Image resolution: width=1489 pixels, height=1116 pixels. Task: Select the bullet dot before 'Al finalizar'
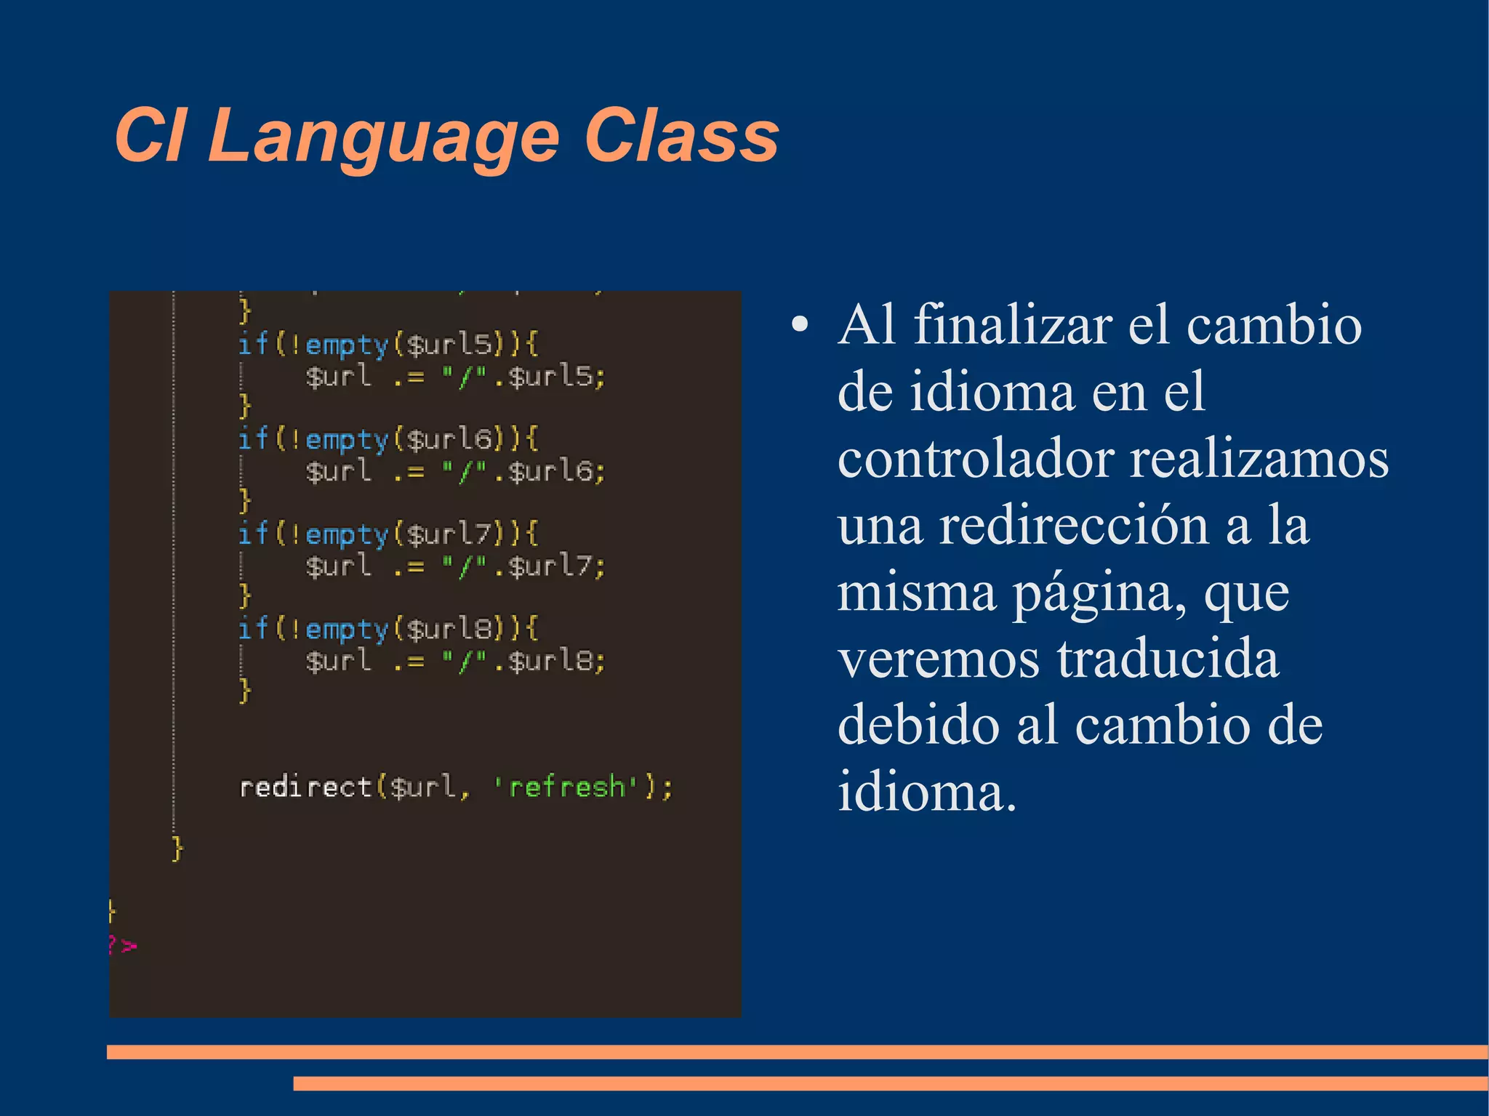[800, 325]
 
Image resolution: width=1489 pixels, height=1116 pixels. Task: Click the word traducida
[1168, 659]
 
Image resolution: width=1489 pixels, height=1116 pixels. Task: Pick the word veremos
[939, 659]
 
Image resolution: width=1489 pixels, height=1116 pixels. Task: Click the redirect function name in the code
[305, 787]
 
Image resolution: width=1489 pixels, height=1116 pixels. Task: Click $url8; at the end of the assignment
[556, 661]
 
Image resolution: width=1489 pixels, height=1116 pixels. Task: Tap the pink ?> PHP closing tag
[122, 946]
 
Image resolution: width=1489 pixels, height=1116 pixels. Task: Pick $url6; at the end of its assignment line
[556, 471]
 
